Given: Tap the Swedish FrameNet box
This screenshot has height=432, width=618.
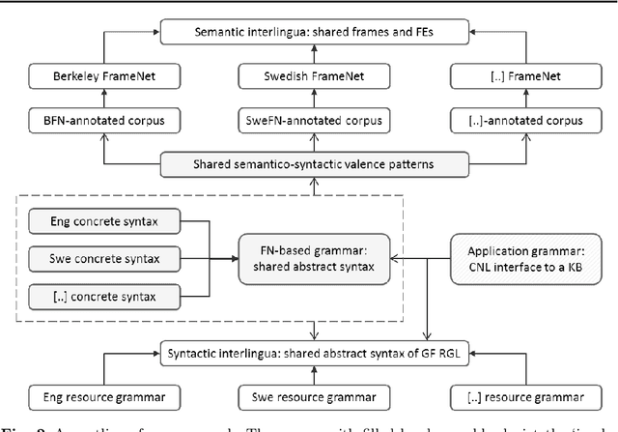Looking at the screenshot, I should click(x=318, y=73).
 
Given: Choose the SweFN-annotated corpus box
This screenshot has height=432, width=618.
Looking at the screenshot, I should click(x=318, y=123).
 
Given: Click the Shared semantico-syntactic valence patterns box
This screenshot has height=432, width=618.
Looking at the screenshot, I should click(x=318, y=164).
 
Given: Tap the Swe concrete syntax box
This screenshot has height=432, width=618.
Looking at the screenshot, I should click(x=104, y=259).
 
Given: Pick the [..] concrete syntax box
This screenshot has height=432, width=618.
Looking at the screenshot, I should click(x=104, y=294).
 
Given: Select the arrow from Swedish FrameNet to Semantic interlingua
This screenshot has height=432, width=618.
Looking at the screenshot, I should click(x=318, y=54).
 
